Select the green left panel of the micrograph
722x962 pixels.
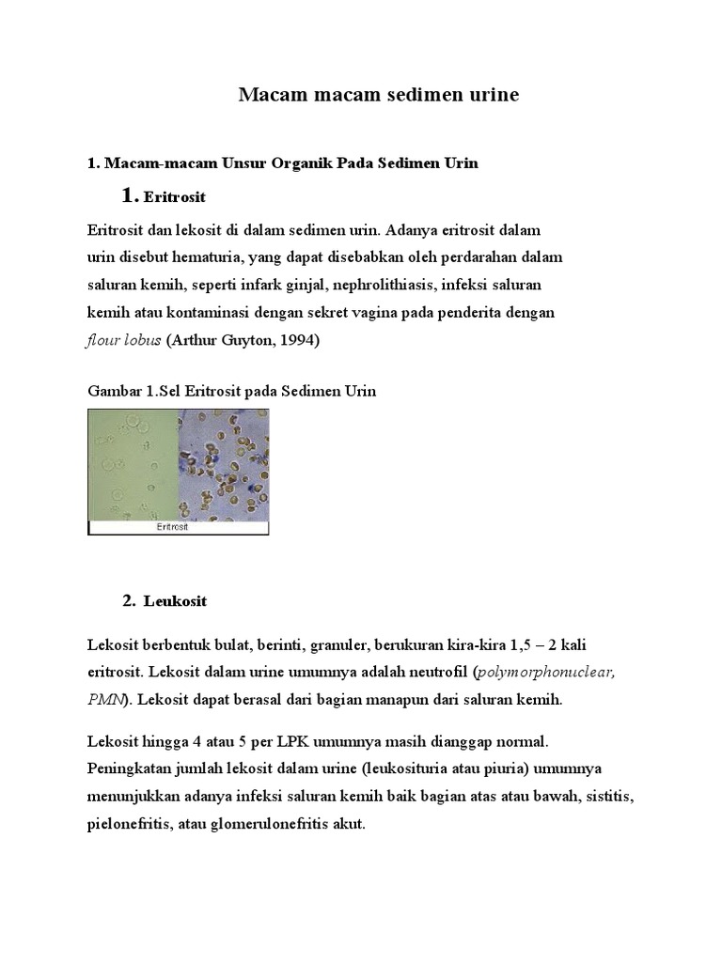(x=133, y=464)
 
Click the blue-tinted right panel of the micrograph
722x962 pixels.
(x=223, y=464)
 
